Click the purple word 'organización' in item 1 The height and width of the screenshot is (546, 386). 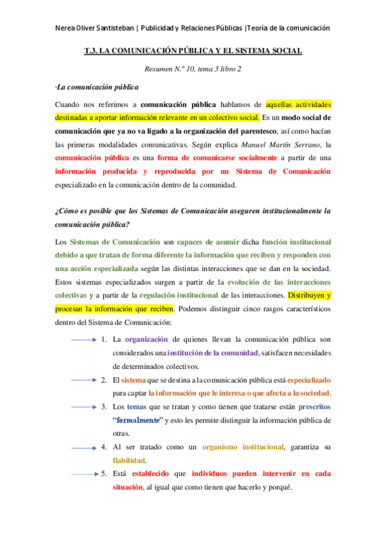tap(149, 339)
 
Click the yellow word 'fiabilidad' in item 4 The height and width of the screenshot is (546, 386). tap(129, 460)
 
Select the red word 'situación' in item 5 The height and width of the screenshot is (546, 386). tap(128, 487)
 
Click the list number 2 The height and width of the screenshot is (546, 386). tap(104, 380)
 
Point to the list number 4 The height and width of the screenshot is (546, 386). tap(104, 447)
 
